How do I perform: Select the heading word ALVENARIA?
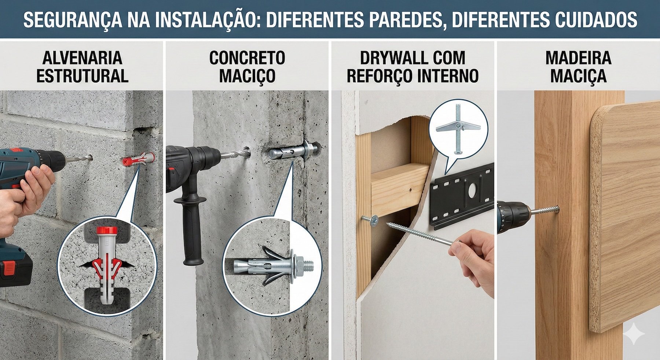(x=82, y=58)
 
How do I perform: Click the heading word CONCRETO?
(x=247, y=58)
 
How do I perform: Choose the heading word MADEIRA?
(x=578, y=58)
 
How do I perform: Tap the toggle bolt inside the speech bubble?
(x=458, y=126)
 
